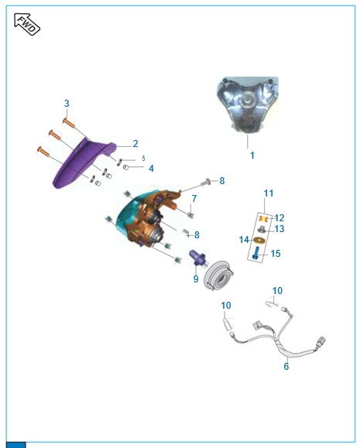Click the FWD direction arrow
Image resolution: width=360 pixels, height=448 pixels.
[27, 24]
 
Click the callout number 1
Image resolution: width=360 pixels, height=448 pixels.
[252, 156]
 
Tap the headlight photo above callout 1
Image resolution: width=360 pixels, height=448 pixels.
[248, 104]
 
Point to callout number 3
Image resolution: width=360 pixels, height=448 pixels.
[67, 103]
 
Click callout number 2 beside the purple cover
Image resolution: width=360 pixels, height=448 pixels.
[135, 143]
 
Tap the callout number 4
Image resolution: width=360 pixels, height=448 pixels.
[151, 168]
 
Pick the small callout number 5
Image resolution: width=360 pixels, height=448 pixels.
[143, 158]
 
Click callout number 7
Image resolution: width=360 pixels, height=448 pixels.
[194, 198]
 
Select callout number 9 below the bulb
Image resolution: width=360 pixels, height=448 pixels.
[196, 279]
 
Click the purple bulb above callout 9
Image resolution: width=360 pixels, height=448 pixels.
[197, 257]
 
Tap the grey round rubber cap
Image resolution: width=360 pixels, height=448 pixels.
[219, 275]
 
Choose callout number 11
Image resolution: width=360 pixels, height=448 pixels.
[269, 193]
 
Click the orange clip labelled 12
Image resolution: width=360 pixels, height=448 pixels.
[263, 219]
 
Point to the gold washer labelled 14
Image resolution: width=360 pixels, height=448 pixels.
[259, 241]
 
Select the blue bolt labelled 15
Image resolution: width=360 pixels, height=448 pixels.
[256, 253]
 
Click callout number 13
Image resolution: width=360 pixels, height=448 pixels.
[279, 228]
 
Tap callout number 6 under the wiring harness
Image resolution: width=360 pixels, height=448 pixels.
[286, 366]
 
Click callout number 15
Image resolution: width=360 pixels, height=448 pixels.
[276, 254]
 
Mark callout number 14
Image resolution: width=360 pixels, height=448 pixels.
[244, 240]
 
